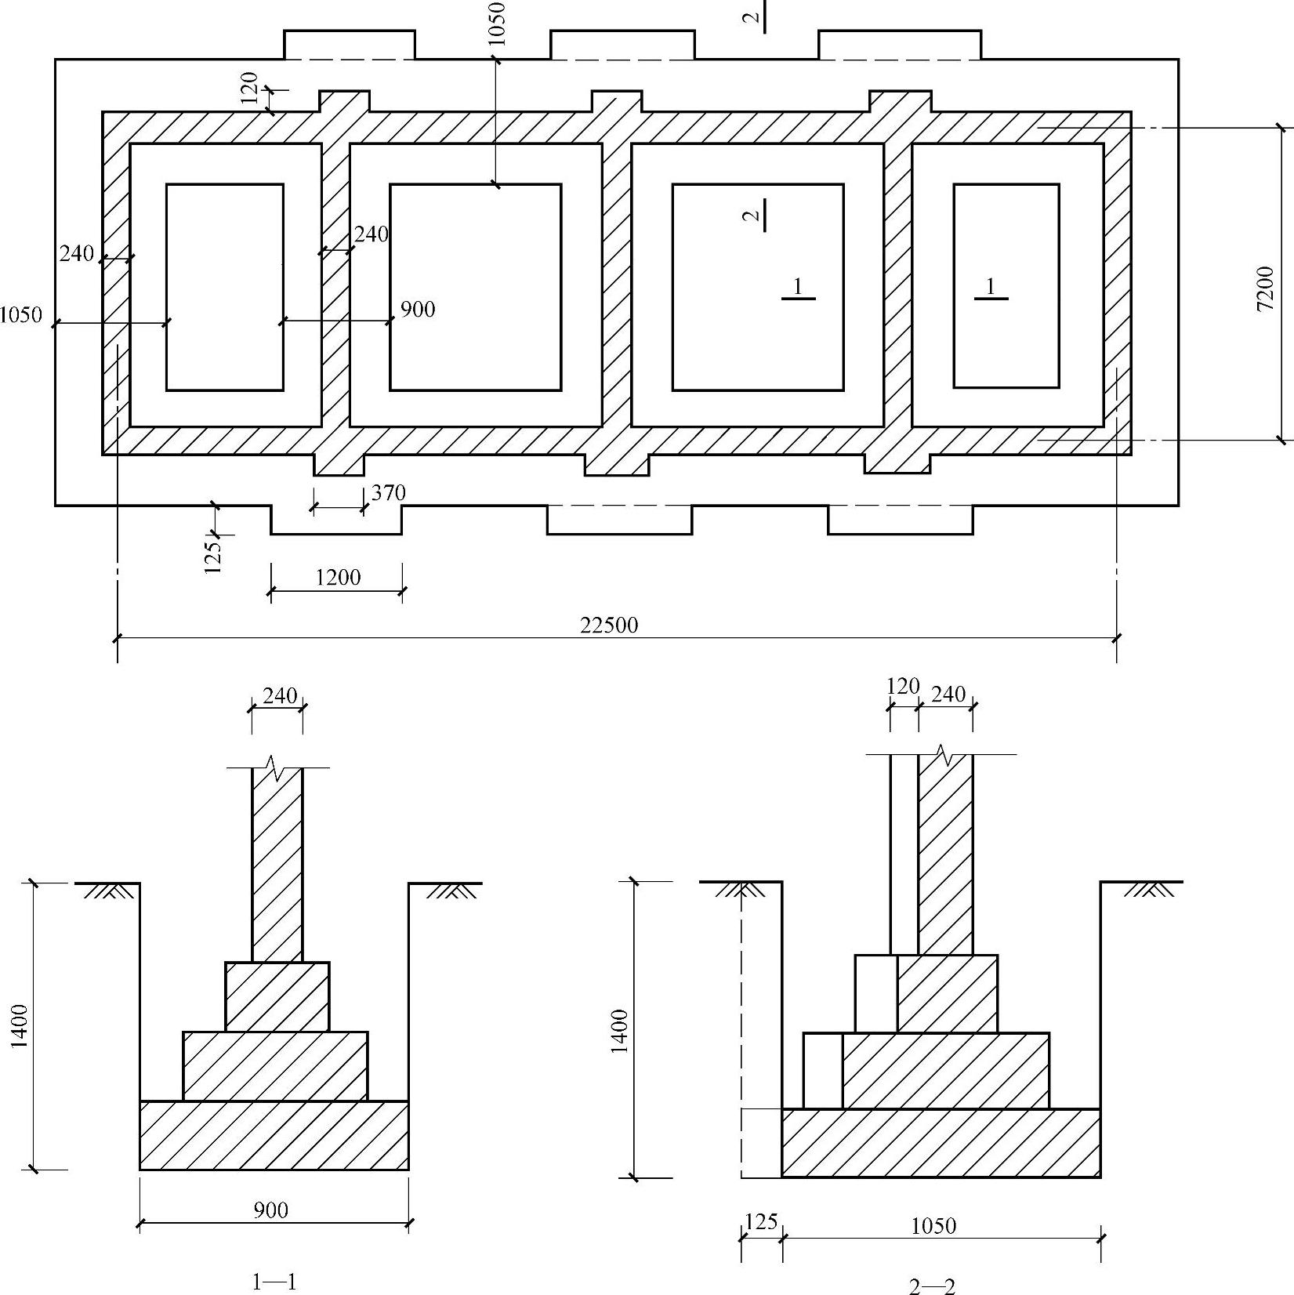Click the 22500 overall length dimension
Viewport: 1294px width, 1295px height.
609,625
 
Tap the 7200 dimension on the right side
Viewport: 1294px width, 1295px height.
1265,288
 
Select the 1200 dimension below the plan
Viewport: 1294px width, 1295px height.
338,578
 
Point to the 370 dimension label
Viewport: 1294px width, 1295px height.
389,492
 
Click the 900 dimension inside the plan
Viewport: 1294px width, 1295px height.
418,309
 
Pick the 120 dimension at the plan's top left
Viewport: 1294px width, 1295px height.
249,87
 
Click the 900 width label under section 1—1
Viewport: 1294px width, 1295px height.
271,1210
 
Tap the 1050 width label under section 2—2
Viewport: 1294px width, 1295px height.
933,1225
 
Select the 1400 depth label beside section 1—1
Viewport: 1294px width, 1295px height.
20,1025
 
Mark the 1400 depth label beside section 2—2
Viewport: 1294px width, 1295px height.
619,1032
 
